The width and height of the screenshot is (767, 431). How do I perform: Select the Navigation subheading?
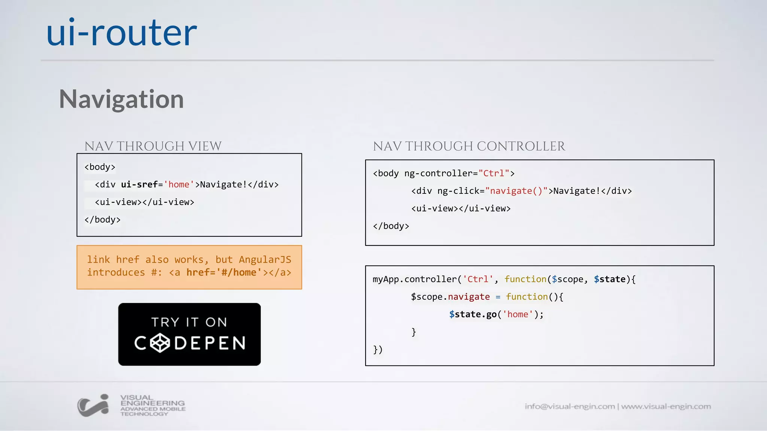(121, 99)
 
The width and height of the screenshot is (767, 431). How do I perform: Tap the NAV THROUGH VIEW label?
(153, 146)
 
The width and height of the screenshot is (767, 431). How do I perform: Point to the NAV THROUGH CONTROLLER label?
(469, 146)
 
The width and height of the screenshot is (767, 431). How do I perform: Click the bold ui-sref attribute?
(139, 184)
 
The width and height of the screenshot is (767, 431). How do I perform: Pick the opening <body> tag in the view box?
(100, 167)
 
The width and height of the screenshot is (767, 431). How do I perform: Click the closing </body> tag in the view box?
(102, 220)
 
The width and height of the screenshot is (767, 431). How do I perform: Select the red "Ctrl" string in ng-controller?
(494, 173)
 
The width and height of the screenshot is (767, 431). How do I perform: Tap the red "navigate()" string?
(516, 191)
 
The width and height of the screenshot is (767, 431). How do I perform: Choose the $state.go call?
(473, 314)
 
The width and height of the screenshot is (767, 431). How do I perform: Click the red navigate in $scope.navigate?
(469, 297)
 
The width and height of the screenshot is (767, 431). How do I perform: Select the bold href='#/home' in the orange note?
(224, 272)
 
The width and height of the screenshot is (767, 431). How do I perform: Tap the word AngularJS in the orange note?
(265, 260)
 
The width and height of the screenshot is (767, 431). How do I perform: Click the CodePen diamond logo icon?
(160, 343)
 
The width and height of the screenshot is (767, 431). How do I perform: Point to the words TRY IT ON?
(189, 322)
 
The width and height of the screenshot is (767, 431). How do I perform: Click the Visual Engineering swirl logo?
(93, 406)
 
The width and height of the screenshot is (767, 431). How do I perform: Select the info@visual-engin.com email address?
(569, 406)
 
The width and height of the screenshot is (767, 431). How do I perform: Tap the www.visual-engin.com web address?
(666, 406)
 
